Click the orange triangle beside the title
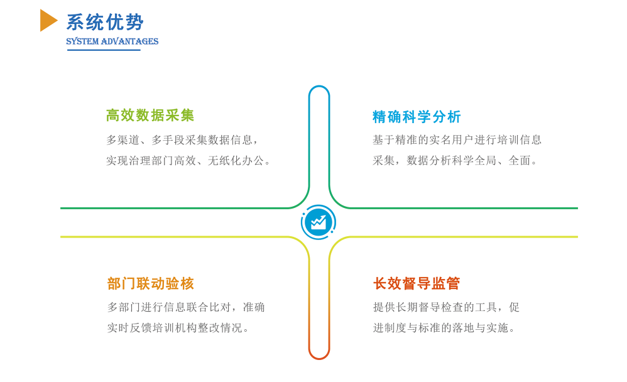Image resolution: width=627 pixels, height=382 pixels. coord(48,20)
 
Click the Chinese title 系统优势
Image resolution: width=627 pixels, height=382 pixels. coord(105,22)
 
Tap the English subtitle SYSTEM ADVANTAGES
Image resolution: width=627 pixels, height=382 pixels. coord(112,41)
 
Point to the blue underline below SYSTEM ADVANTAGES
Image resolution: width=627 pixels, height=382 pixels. coord(104,50)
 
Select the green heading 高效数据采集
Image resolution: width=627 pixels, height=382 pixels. coord(150,115)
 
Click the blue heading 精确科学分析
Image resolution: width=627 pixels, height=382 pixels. coord(417,117)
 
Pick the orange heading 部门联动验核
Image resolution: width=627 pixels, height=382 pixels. coord(150,283)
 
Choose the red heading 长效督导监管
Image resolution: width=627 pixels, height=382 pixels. coord(417,283)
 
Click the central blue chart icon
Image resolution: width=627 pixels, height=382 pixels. coord(319,222)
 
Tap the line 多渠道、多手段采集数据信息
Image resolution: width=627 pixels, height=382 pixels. coord(182,140)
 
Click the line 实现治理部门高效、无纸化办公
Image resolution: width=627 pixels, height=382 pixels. coord(188,161)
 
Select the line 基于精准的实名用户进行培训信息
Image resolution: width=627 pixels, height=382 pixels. coord(457,140)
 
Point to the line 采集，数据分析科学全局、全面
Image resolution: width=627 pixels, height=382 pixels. coord(455,161)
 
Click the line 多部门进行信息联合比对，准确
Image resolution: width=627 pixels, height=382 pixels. coord(186,307)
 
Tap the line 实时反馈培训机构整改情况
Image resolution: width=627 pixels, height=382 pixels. coord(178,328)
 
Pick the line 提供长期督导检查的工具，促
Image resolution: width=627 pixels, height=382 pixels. coord(446,307)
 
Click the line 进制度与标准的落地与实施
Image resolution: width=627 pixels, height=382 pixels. coord(444,328)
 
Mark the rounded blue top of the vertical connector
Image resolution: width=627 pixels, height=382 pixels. coord(319,86)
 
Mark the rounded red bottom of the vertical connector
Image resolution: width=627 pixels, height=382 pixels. coord(319,358)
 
